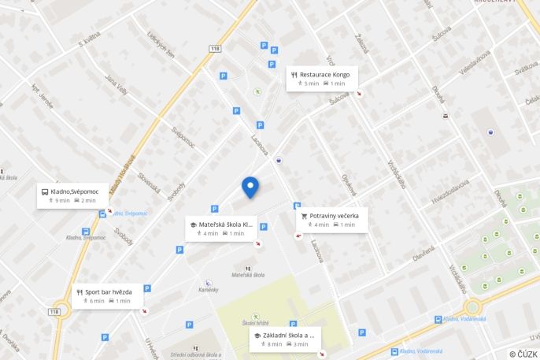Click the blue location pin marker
250,187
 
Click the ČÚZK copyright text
523,354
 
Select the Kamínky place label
209,290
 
